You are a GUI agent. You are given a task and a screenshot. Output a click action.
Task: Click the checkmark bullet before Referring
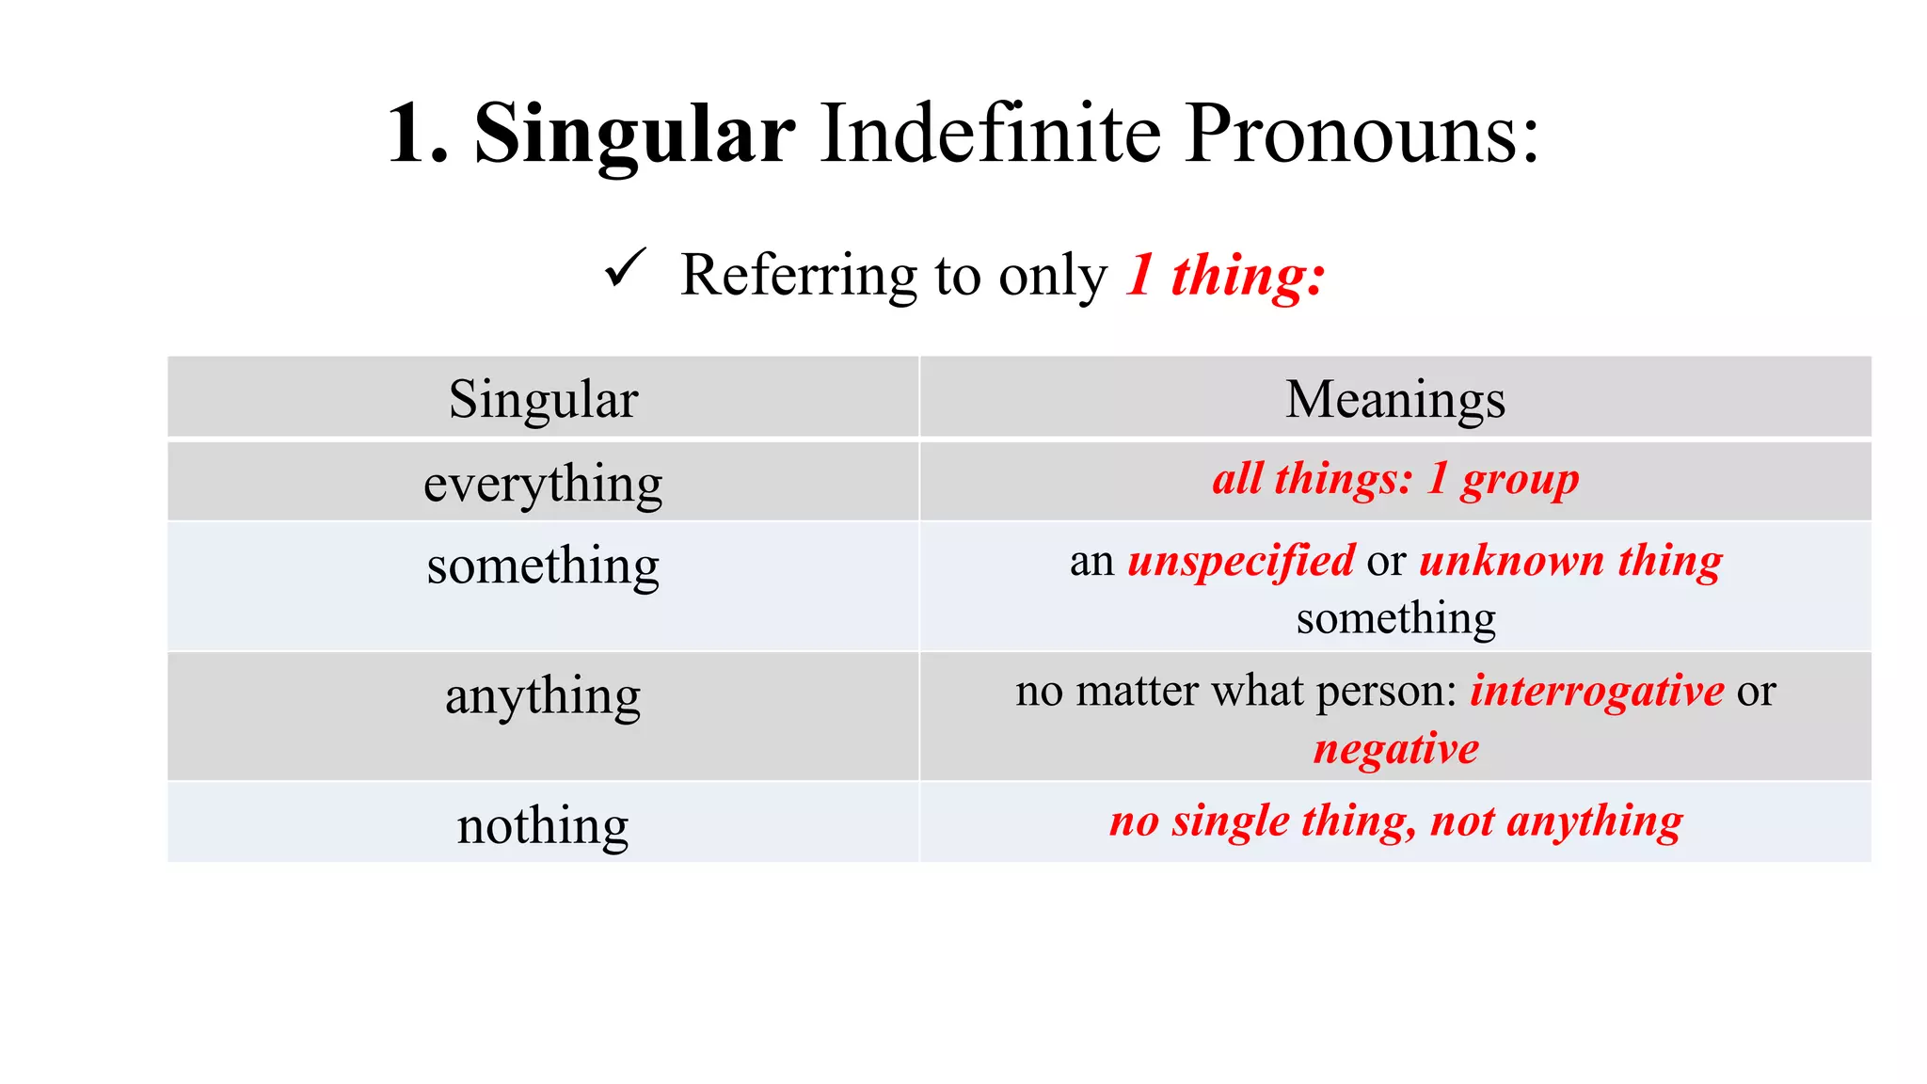(x=626, y=268)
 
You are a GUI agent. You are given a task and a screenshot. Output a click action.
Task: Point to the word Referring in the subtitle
(x=798, y=276)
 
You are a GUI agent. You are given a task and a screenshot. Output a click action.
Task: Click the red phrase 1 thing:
(x=1225, y=276)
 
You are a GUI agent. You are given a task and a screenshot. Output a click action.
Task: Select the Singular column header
(x=543, y=399)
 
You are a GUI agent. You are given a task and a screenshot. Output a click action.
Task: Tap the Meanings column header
(x=1394, y=399)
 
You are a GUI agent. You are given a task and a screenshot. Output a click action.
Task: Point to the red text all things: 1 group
(x=1394, y=479)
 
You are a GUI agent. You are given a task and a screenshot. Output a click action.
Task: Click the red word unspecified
(x=1241, y=561)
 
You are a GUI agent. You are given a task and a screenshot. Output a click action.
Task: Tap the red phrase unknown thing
(x=1570, y=561)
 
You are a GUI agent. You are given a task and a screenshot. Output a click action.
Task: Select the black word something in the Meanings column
(x=1395, y=618)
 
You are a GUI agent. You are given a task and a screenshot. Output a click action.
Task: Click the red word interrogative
(x=1597, y=691)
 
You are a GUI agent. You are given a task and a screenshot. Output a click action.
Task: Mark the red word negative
(x=1395, y=749)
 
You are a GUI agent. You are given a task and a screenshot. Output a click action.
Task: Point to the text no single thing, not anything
(x=1395, y=821)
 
